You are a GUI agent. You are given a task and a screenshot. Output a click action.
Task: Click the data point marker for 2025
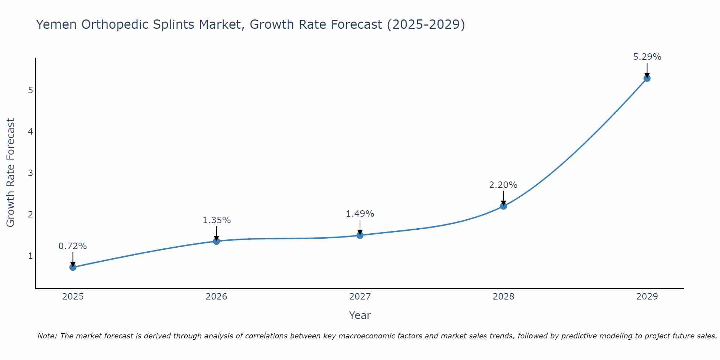click(x=73, y=267)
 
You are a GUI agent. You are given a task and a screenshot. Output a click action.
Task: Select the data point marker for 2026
click(x=216, y=241)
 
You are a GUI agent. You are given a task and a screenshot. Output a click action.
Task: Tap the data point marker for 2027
click(x=360, y=235)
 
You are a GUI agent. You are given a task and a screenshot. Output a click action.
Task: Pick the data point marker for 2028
click(x=503, y=206)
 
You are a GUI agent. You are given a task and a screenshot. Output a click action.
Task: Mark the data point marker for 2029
click(x=647, y=78)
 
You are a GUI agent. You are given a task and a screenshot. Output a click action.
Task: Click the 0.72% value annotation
click(x=73, y=246)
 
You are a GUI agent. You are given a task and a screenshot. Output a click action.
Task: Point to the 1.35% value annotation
click(x=216, y=220)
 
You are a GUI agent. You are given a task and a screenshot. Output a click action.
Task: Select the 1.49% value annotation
click(x=360, y=214)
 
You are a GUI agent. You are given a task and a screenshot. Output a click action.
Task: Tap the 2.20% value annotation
click(x=503, y=185)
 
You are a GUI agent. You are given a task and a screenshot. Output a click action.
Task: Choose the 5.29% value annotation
click(x=647, y=57)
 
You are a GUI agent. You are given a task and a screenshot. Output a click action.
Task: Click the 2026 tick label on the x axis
click(x=216, y=297)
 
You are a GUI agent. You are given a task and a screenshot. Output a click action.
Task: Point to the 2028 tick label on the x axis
click(x=503, y=297)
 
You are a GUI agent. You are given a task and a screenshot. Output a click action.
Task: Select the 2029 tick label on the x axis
click(x=647, y=297)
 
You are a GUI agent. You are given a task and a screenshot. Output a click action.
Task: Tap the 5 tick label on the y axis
click(x=30, y=90)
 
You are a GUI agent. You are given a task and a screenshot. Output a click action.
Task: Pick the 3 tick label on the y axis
click(x=30, y=173)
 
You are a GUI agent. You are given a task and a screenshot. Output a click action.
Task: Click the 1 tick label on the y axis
click(x=30, y=256)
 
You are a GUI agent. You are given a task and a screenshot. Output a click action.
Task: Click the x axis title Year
click(x=360, y=315)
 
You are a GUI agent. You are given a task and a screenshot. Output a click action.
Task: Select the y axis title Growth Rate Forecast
click(x=11, y=172)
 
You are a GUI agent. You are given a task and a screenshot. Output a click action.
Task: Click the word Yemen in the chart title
click(x=57, y=24)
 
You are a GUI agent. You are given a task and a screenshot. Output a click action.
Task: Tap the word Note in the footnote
click(x=47, y=336)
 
